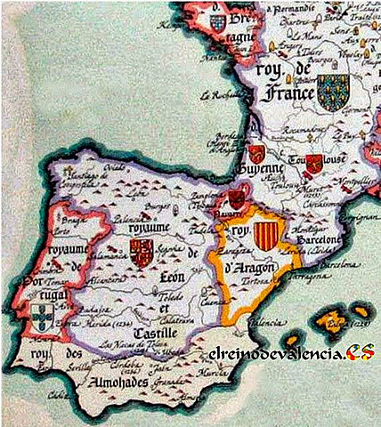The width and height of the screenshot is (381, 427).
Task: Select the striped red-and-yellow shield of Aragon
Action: pyautogui.click(x=263, y=235)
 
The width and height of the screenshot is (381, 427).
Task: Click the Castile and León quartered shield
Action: pyautogui.click(x=142, y=254)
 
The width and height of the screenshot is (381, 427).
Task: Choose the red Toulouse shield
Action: pyautogui.click(x=314, y=163)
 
